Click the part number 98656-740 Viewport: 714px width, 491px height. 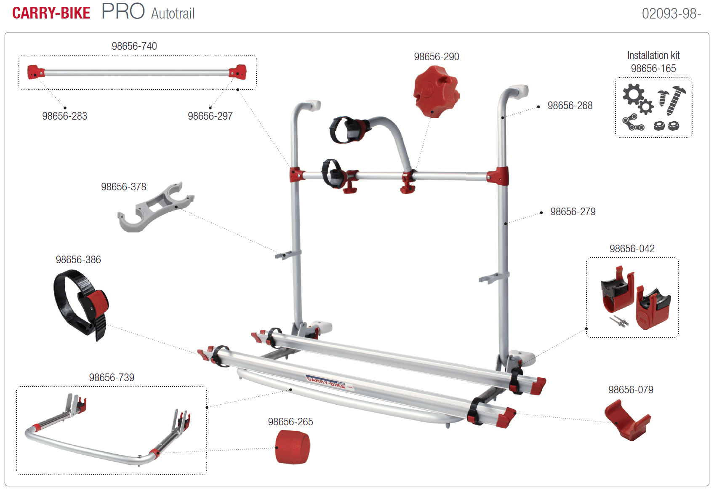pos(134,46)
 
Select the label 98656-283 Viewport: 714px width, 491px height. pos(64,116)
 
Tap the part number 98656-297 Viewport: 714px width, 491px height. pos(210,116)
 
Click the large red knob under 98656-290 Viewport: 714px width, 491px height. pos(436,91)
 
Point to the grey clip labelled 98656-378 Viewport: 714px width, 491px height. pos(155,208)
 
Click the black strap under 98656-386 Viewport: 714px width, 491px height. pos(81,305)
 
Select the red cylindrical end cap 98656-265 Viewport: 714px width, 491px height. pos(292,447)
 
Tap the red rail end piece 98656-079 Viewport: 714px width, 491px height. pos(627,420)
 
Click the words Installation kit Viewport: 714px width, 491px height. pos(653,56)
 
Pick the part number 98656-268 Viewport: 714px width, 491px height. pos(570,106)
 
